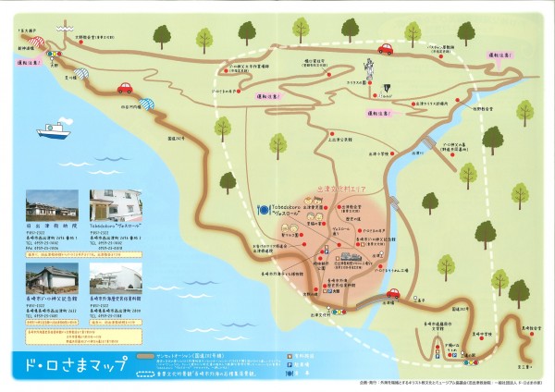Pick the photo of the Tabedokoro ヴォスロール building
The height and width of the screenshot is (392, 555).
point(114,204)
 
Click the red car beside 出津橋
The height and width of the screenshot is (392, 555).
point(391,294)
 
